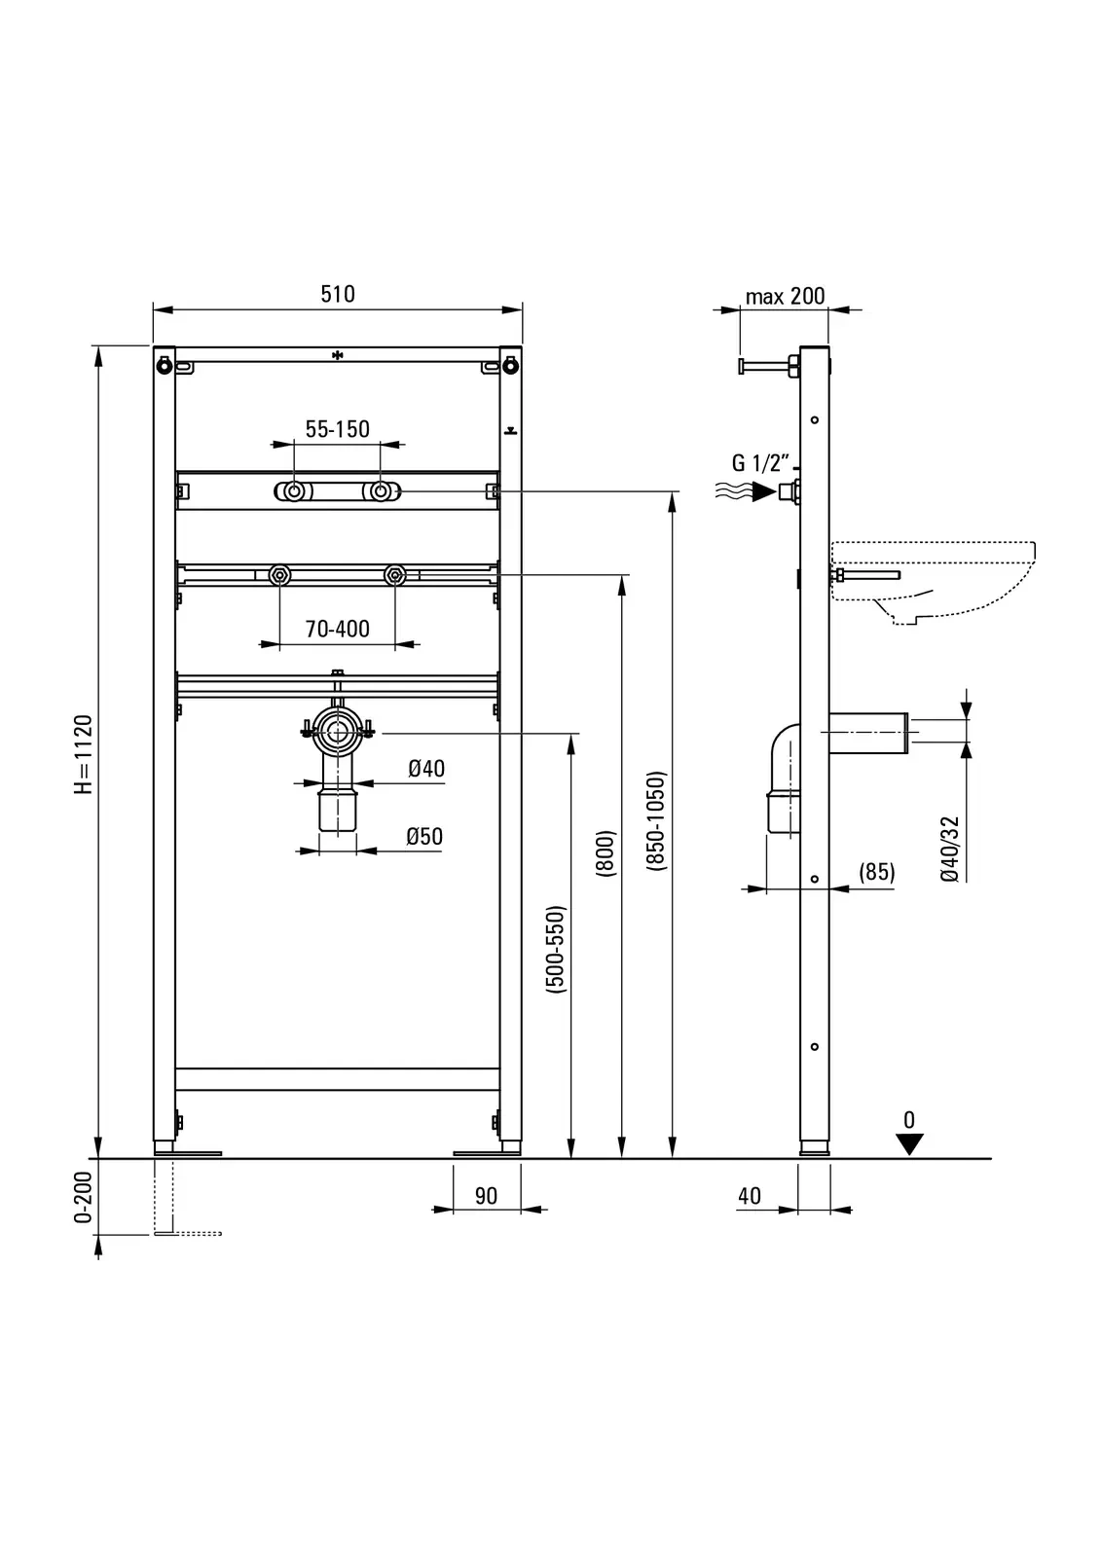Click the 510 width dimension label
point(338,293)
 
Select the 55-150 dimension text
point(338,429)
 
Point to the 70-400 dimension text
point(338,629)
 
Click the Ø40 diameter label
point(425,769)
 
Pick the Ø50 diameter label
point(424,836)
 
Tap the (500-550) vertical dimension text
point(556,949)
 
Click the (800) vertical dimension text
point(606,853)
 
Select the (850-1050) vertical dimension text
point(657,820)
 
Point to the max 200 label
point(785,296)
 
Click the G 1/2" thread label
point(759,462)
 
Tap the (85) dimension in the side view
point(876,872)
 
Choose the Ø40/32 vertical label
point(950,849)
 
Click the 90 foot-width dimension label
point(486,1196)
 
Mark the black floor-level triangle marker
point(909,1144)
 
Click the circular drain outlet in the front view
point(338,733)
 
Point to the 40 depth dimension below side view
point(750,1196)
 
